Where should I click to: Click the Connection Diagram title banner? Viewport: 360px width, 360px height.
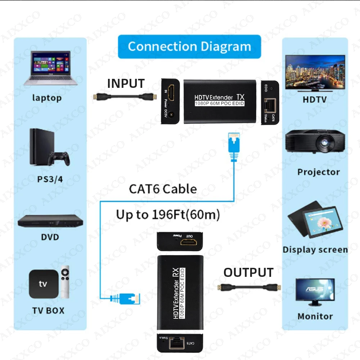189,46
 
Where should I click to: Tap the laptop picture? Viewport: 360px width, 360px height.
50,68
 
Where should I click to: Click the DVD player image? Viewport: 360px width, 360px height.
48,221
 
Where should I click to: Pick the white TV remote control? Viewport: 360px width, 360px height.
65,283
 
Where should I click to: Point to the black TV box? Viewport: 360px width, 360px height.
43,284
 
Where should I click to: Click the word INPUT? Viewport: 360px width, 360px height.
126,84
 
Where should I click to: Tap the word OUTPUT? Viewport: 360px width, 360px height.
248,273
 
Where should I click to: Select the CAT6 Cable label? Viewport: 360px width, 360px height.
163,189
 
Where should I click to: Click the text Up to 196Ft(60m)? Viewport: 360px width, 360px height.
168,215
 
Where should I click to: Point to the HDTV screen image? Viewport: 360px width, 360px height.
315,72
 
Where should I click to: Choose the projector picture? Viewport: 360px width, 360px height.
315,142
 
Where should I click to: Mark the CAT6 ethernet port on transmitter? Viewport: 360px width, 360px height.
270,105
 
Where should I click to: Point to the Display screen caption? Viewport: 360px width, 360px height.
315,249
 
